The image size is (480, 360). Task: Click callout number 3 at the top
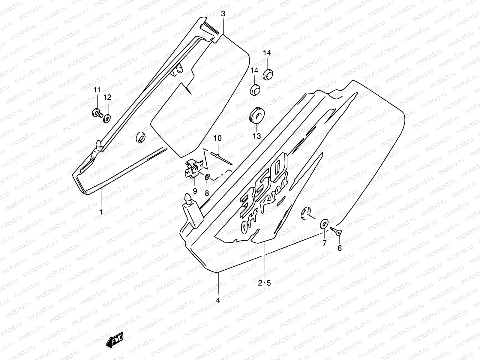pyautogui.click(x=223, y=14)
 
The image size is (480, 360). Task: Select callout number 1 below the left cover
pyautogui.click(x=101, y=212)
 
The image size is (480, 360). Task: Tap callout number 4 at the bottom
pyautogui.click(x=218, y=300)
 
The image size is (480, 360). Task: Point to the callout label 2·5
pyautogui.click(x=265, y=283)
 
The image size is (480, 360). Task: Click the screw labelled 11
pyautogui.click(x=97, y=113)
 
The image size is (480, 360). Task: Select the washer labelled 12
pyautogui.click(x=107, y=119)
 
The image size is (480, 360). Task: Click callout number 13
pyautogui.click(x=257, y=136)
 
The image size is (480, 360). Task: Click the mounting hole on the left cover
pyautogui.click(x=140, y=137)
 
